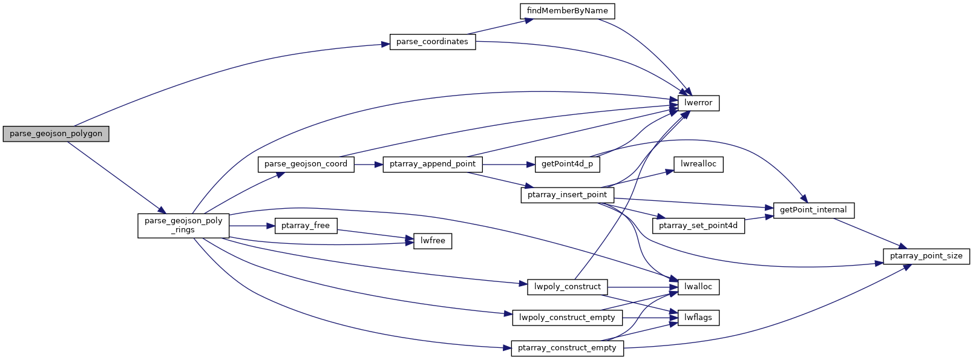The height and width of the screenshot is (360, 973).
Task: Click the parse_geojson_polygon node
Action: [x=56, y=134]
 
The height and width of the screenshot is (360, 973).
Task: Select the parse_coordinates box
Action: [x=432, y=42]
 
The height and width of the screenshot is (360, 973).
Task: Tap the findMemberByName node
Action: [x=567, y=11]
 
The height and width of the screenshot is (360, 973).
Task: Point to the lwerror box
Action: [x=698, y=103]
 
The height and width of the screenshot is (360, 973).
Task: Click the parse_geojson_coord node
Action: [x=306, y=164]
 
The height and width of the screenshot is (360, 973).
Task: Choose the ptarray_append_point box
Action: [x=433, y=164]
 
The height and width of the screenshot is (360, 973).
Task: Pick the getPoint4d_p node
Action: [x=566, y=164]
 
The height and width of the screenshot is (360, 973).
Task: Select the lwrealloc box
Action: [x=698, y=164]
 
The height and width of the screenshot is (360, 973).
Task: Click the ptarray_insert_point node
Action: [x=567, y=195]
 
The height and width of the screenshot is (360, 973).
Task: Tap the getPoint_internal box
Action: [x=813, y=210]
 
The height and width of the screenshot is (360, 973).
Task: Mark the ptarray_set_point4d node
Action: [x=698, y=226]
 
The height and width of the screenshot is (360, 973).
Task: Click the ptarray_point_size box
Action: [x=926, y=256]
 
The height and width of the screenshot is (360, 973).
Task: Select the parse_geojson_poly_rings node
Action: [x=183, y=225]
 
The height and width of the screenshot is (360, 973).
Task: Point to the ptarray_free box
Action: [x=306, y=226]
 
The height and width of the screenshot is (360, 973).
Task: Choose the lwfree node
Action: [x=433, y=241]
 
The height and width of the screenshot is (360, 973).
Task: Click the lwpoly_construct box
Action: [x=567, y=287]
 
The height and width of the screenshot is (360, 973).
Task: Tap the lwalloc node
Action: [x=698, y=287]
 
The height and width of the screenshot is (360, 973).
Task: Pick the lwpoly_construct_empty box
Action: [x=567, y=318]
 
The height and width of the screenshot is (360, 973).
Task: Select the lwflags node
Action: [x=698, y=318]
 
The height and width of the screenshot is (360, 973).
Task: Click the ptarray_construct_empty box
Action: [x=567, y=348]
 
